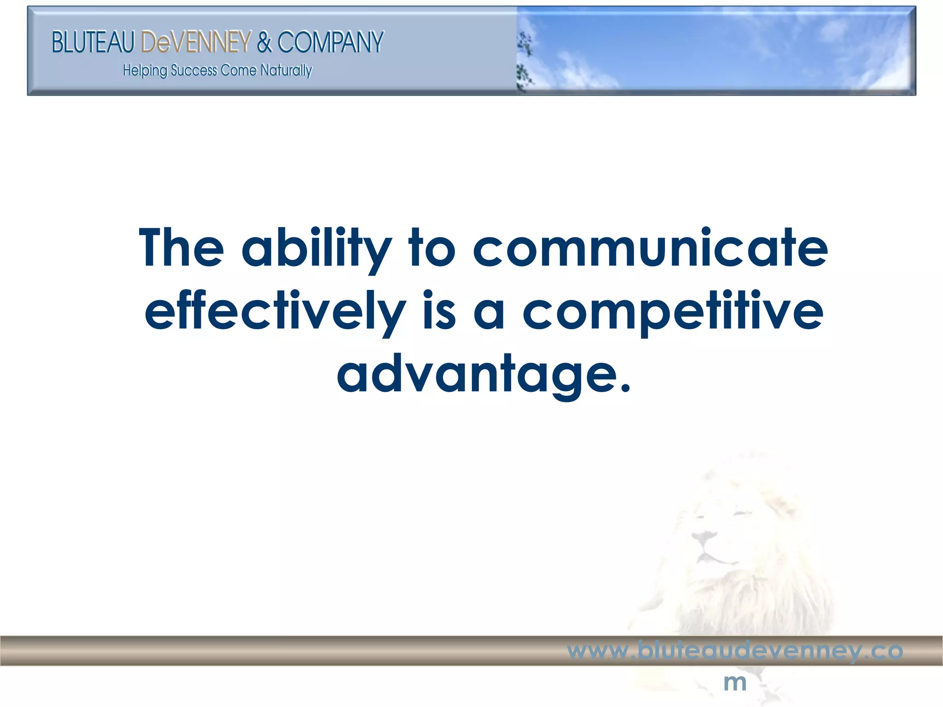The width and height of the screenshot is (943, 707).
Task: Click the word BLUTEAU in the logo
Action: click(93, 42)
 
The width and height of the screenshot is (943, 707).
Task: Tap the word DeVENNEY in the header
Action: click(196, 42)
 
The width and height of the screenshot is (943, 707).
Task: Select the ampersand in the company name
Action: click(265, 42)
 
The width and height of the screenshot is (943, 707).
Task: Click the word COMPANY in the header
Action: click(330, 42)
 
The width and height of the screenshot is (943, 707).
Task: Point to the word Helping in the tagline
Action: click(145, 71)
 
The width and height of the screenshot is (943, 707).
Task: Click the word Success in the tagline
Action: click(194, 70)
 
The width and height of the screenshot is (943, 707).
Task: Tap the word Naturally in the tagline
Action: click(286, 70)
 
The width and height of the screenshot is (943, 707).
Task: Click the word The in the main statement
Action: click(181, 248)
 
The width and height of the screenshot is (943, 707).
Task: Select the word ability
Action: click(316, 249)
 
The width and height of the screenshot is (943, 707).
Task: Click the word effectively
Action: click(275, 312)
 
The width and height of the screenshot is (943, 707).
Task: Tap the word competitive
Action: click(673, 312)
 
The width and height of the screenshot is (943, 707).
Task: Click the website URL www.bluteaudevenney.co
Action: click(735, 651)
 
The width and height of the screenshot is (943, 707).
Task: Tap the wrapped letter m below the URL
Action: click(735, 683)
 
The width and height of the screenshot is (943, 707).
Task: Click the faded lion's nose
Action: click(703, 537)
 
